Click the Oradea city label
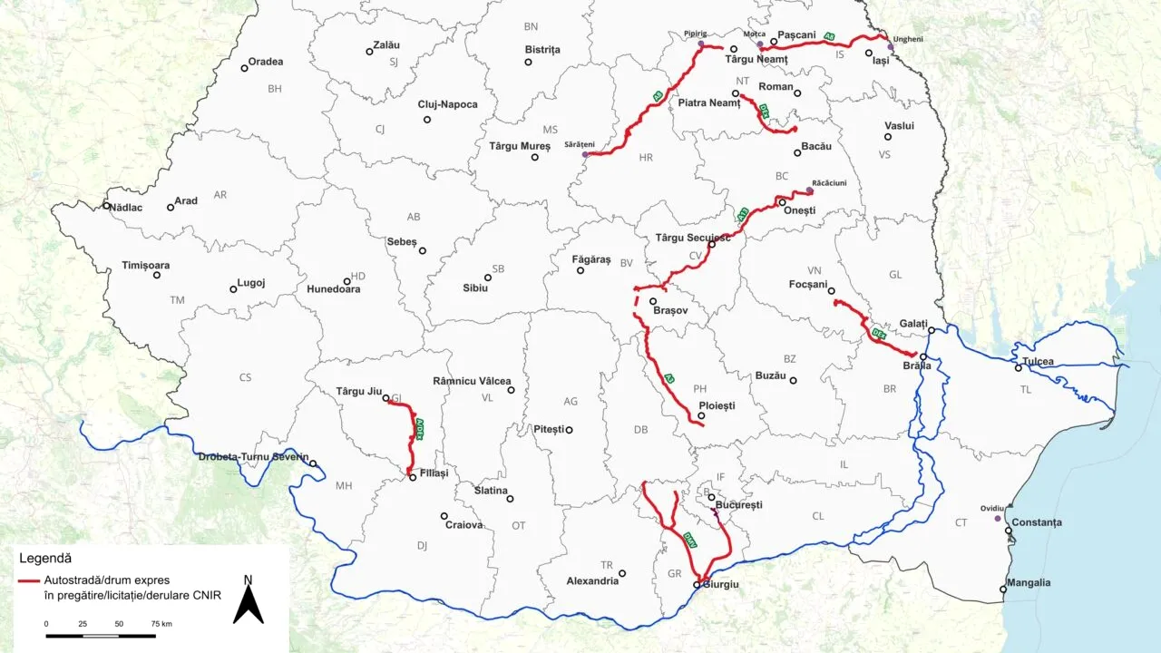click(x=266, y=62)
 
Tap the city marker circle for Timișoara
click(x=157, y=275)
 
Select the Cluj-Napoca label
click(x=447, y=104)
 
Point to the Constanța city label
click(x=1036, y=522)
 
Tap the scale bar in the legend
click(x=101, y=635)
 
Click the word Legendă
click(x=45, y=558)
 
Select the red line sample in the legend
click(x=29, y=580)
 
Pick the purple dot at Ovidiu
click(x=998, y=519)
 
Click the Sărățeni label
click(x=579, y=144)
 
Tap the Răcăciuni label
click(x=829, y=182)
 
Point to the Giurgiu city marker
click(x=697, y=585)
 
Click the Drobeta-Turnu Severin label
click(x=253, y=456)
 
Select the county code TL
click(x=1025, y=389)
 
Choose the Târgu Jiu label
click(x=359, y=391)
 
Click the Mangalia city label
click(x=1029, y=583)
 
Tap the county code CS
click(x=245, y=377)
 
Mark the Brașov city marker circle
click(x=653, y=301)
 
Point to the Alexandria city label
click(x=592, y=580)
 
